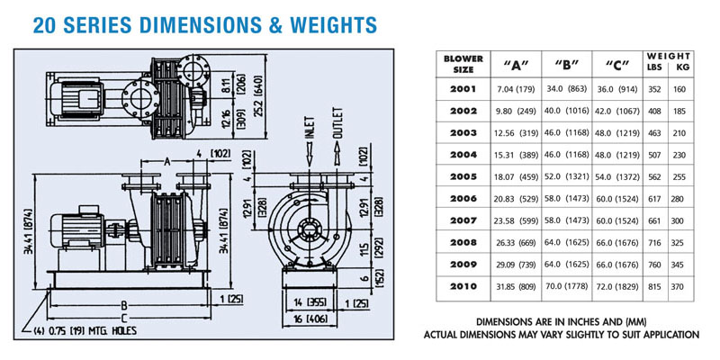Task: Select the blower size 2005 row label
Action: pyautogui.click(x=463, y=177)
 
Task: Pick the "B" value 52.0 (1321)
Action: pyautogui.click(x=571, y=177)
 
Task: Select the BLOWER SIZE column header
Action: pyautogui.click(x=463, y=64)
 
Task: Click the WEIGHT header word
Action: pyautogui.click(x=667, y=56)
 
